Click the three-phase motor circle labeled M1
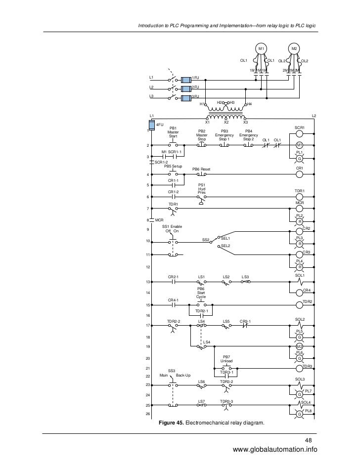coord(261,48)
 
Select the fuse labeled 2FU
coord(186,87)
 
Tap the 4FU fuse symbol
coord(152,125)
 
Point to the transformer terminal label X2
coord(226,122)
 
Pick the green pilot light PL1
coord(299,159)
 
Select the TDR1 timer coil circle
coord(299,197)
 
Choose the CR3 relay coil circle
coord(299,255)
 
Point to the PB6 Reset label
coord(201,169)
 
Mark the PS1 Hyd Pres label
coord(202,189)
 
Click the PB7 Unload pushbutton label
coord(226,358)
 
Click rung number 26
coord(148,414)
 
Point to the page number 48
coord(309,441)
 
